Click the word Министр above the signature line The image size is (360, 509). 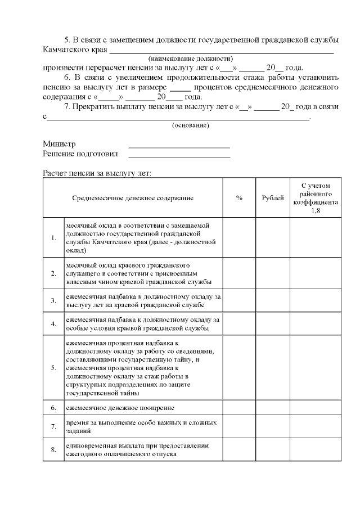pyautogui.click(x=59, y=144)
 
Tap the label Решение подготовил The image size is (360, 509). pyautogui.click(x=80, y=154)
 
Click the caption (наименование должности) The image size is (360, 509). pyautogui.click(x=190, y=58)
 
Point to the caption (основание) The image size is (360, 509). pyautogui.click(x=190, y=125)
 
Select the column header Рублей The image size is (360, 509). pyautogui.click(x=273, y=199)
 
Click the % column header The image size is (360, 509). pyautogui.click(x=239, y=199)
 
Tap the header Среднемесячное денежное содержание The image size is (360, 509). pyautogui.click(x=133, y=199)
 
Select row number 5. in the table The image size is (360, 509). pyautogui.click(x=53, y=368)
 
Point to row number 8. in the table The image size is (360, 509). pyautogui.click(x=53, y=450)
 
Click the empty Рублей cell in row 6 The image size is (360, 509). pyautogui.click(x=273, y=407)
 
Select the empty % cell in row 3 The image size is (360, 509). pyautogui.click(x=239, y=300)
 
